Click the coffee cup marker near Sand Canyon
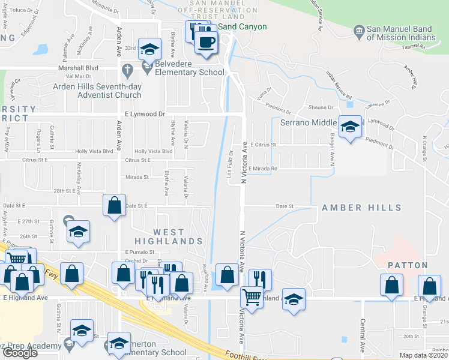coord(207,41)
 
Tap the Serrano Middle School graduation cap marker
coord(351,127)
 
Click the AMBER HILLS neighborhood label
coord(361,208)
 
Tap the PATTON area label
coord(407,265)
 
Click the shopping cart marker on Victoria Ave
coord(252,296)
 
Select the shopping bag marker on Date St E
coord(114,205)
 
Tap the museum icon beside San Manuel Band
coord(358,29)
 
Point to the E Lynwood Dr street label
coord(145,113)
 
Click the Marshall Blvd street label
coord(82,68)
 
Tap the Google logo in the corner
coord(20,353)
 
